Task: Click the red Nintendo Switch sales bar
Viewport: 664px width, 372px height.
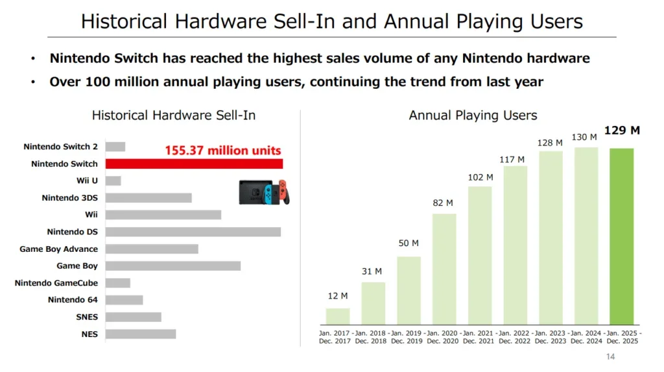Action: [194, 164]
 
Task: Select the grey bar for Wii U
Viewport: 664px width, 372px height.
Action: [113, 180]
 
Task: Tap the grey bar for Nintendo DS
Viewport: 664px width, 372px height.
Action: [193, 232]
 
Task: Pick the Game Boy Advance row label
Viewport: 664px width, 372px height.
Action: [58, 249]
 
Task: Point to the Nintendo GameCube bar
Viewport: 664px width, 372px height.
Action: [117, 283]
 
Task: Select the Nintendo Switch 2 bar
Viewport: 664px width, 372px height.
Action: [115, 147]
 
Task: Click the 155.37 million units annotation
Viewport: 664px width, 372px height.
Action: [222, 151]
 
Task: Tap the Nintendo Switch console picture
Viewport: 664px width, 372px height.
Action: [264, 192]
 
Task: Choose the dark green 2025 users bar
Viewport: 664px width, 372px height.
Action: [621, 236]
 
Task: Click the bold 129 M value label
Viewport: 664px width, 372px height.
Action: [622, 130]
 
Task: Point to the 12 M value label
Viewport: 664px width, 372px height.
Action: [337, 296]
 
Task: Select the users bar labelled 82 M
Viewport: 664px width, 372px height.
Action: [444, 269]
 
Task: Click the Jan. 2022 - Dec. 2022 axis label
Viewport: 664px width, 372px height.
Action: [515, 337]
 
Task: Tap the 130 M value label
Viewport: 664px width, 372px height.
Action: [584, 137]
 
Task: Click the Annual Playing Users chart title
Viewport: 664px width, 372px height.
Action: [473, 116]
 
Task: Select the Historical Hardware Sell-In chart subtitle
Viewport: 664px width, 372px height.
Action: [174, 116]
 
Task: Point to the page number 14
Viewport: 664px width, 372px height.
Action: [610, 356]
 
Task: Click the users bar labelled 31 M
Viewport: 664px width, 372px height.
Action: [373, 303]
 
